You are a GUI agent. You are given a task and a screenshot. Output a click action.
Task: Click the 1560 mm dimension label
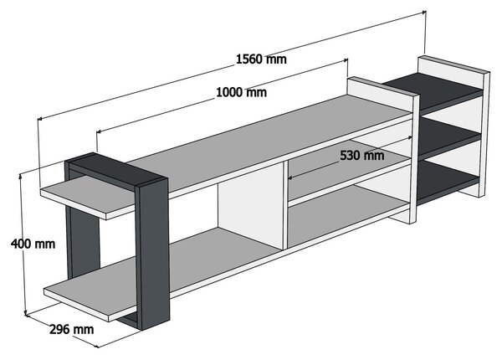point(261,59)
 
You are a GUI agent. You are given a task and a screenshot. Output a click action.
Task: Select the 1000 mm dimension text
point(242,93)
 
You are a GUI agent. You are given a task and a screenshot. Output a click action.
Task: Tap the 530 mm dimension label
point(362,156)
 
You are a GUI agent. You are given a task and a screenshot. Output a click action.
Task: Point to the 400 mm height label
point(33,244)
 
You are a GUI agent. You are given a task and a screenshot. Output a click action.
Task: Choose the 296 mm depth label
point(72,330)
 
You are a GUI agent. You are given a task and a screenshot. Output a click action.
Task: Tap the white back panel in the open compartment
point(249,205)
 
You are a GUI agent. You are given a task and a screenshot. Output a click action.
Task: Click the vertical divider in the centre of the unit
point(285,205)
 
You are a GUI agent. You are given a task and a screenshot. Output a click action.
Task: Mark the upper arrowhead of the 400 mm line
point(21,176)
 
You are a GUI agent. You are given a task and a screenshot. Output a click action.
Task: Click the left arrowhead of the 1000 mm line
point(99,131)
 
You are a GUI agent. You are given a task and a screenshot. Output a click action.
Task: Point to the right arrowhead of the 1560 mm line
point(424,13)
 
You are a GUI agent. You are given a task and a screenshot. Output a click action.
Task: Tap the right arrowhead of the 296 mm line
point(96,346)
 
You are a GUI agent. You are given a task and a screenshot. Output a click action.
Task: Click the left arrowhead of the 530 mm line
point(290,177)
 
